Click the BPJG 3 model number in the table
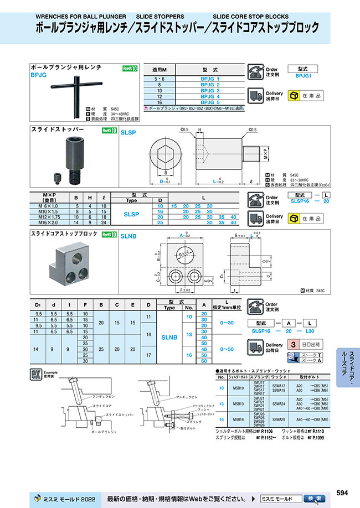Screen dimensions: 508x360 coord(210,90)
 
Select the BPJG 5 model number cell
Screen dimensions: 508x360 coord(210,102)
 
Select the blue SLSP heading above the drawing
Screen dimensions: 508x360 coord(128,133)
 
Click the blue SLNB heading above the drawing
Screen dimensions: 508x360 coord(128,236)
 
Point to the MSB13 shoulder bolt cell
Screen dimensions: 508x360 coord(238,403)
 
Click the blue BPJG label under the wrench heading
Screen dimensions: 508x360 coord(38,73)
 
